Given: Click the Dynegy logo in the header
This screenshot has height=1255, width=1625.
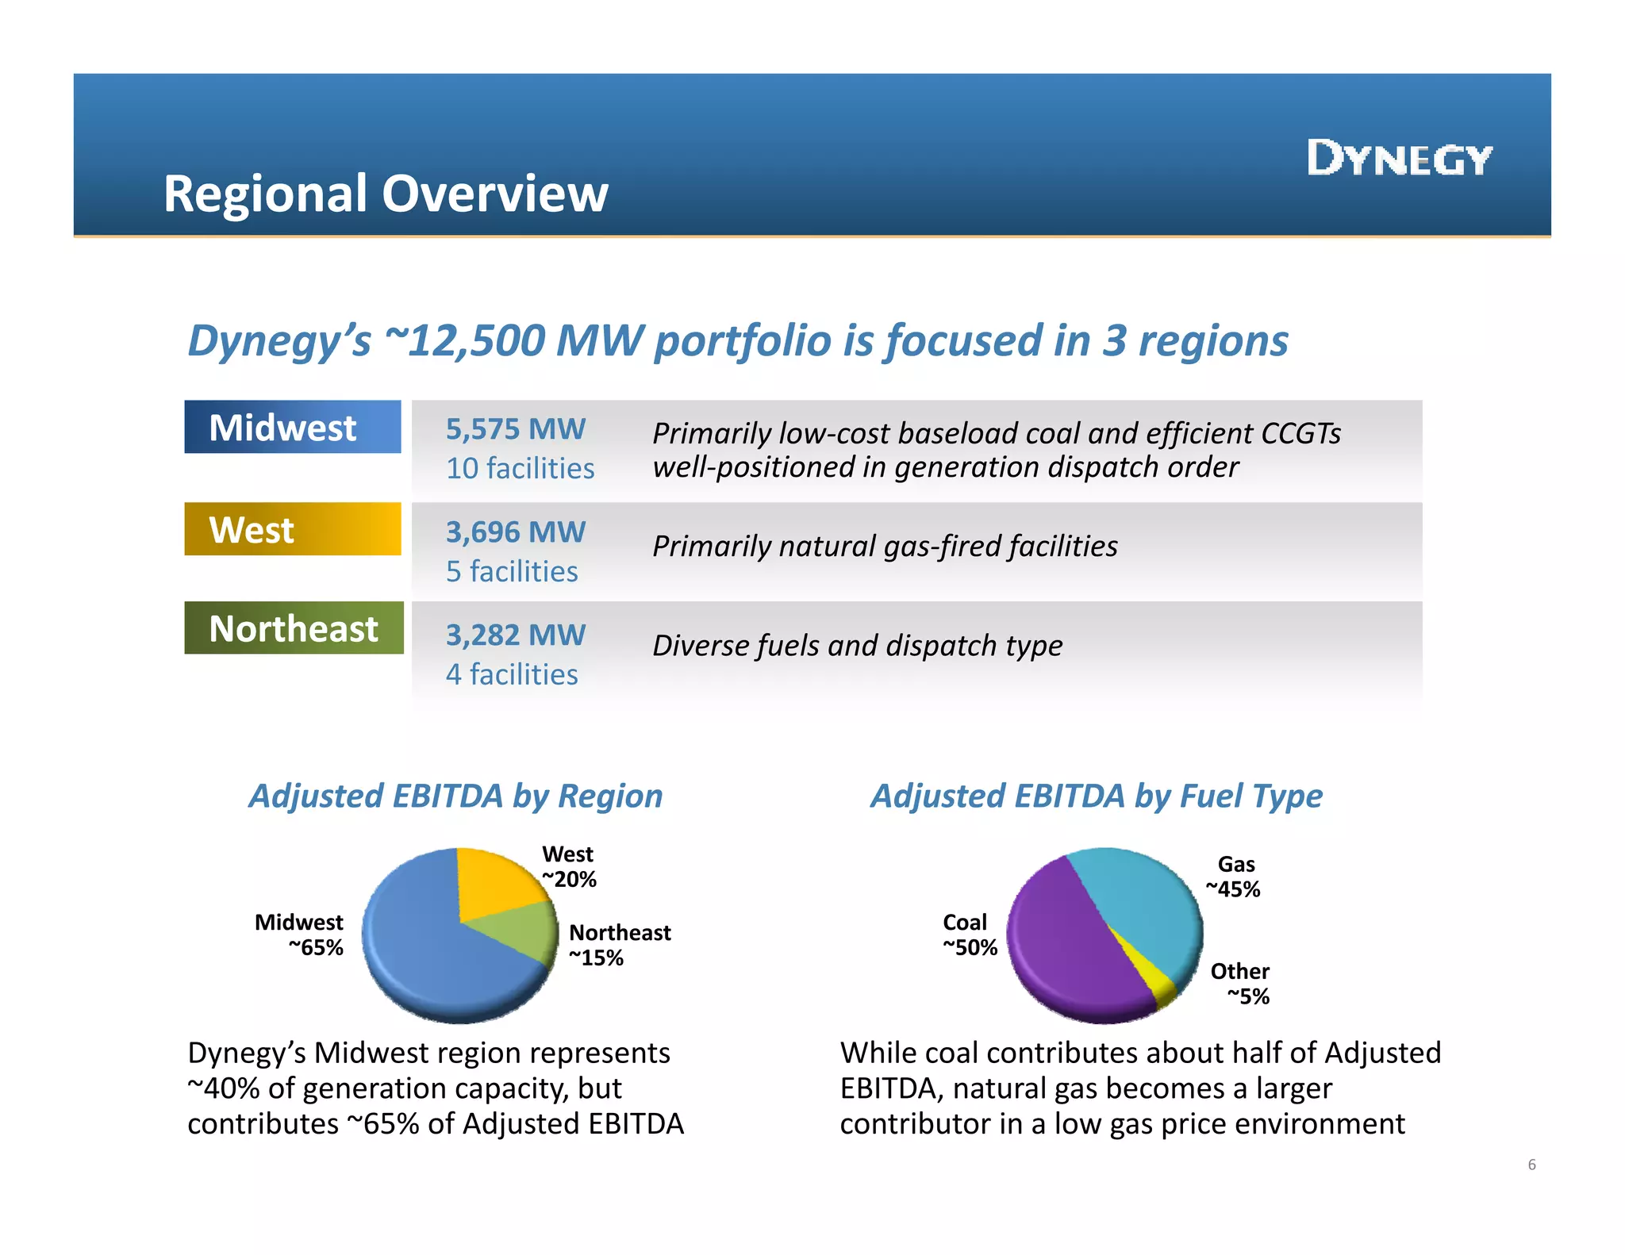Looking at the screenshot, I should click(1400, 158).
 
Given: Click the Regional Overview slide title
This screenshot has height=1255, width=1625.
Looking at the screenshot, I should click(386, 194).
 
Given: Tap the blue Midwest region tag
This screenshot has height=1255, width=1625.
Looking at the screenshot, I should click(292, 427).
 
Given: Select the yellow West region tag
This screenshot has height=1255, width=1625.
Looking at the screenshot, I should click(292, 529).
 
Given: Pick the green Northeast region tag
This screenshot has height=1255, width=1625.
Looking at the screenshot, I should click(294, 628).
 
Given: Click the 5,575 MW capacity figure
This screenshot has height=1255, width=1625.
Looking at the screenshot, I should click(515, 429).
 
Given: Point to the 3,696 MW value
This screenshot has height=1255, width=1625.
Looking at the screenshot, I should click(515, 532).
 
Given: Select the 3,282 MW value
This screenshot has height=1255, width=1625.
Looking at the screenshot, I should click(515, 635).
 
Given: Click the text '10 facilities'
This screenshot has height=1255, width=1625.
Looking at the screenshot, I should click(520, 468).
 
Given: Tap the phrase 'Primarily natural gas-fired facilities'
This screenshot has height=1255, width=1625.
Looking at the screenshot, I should click(885, 546).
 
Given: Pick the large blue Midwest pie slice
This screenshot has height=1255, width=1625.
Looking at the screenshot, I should click(428, 952).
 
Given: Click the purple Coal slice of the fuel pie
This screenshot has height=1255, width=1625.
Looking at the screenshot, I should click(1071, 952).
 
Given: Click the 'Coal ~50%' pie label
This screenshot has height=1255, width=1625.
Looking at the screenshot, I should click(969, 935).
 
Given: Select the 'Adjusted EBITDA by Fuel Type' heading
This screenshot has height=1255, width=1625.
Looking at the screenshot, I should click(1096, 796).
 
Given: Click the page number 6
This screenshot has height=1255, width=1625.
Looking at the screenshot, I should click(1531, 1165).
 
